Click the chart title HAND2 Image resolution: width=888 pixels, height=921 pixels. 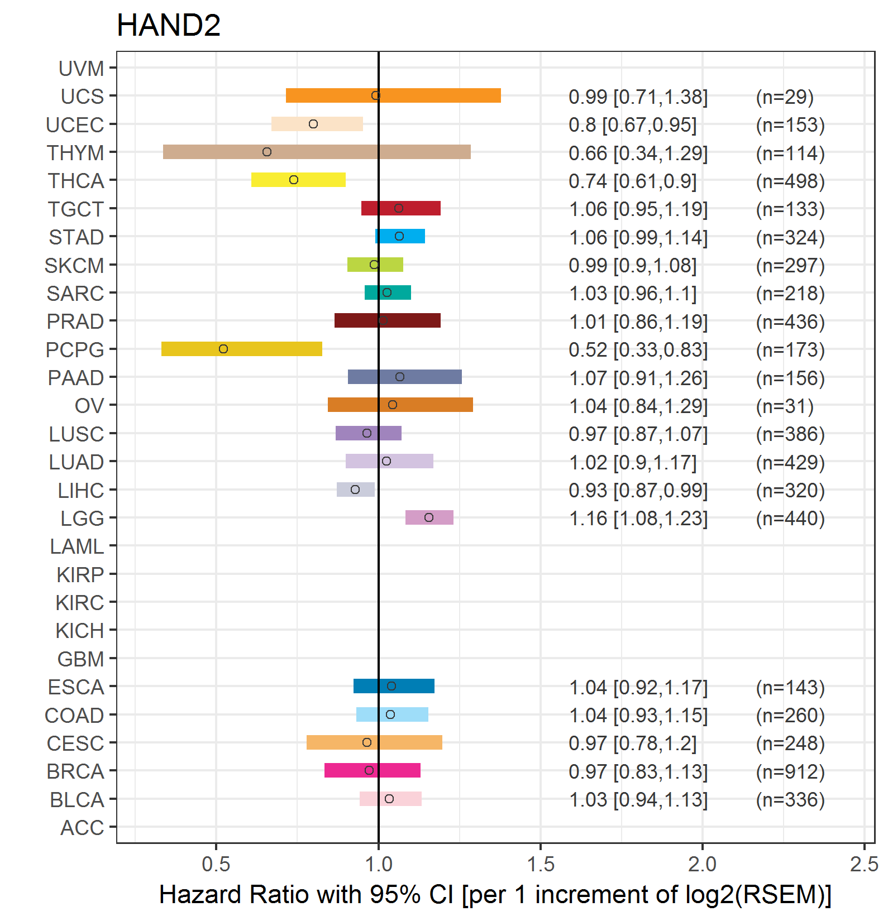169,26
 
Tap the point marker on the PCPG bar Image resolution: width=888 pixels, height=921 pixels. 223,349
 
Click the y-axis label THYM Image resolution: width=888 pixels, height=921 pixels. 75,153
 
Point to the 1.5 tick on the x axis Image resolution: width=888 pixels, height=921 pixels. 541,864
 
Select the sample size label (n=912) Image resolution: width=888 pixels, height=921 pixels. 790,771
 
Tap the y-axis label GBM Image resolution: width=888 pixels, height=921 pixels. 80,659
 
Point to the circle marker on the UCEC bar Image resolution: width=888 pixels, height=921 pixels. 313,124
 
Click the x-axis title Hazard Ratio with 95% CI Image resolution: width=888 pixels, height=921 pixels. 495,894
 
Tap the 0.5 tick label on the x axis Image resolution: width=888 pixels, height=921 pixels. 216,864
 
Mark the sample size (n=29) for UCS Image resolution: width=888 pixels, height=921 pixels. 785,97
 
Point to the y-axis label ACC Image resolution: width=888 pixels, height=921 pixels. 82,828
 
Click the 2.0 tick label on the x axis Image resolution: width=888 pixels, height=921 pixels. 702,864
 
